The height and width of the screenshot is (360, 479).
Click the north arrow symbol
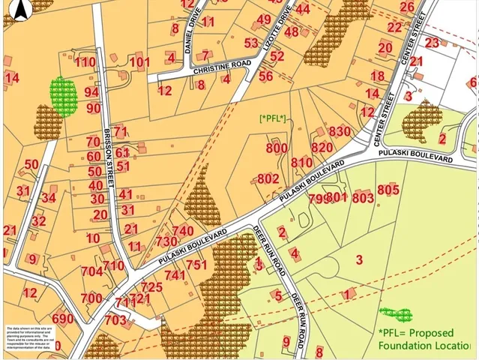click(22, 9)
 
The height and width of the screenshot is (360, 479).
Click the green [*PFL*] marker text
click(273, 118)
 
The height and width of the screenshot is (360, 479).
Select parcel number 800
click(276, 148)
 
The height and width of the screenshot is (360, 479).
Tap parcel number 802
click(268, 178)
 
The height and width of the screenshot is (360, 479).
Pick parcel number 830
click(340, 131)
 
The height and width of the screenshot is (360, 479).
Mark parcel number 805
click(388, 190)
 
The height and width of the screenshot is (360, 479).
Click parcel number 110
click(85, 62)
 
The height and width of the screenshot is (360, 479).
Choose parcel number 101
click(139, 61)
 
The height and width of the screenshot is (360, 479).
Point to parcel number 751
click(196, 265)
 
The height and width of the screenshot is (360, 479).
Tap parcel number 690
click(63, 319)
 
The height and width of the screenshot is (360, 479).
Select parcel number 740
click(183, 230)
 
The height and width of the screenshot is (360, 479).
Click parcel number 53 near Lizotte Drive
click(251, 43)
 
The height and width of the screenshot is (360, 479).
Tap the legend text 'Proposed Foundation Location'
click(424, 338)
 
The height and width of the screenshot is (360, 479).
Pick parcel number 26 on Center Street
click(407, 7)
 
